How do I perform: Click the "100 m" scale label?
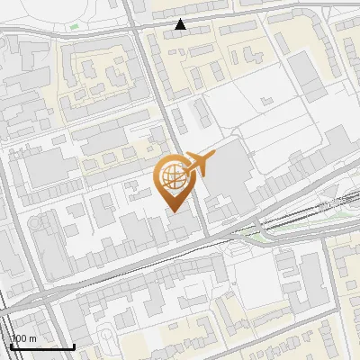click(x=23, y=338)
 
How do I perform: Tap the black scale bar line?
click(x=41, y=346)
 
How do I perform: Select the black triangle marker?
click(x=181, y=24)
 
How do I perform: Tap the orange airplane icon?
click(x=199, y=165)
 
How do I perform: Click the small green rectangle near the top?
click(x=74, y=26)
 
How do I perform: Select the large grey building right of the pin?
click(x=229, y=171)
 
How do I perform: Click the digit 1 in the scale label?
click(x=14, y=338)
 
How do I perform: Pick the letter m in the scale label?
click(x=32, y=338)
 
